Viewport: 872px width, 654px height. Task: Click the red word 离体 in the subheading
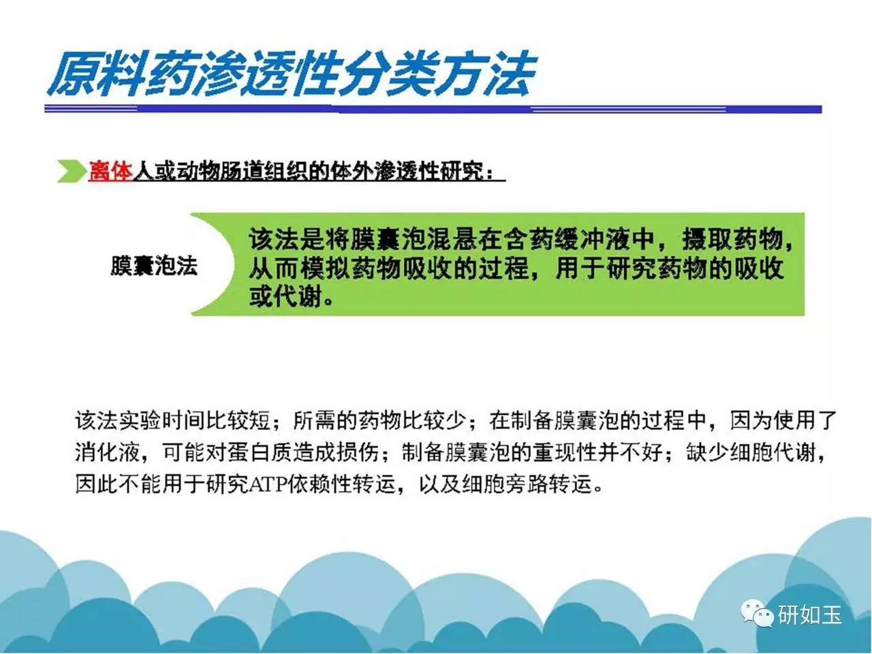pos(110,172)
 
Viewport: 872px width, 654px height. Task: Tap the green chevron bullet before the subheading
pos(72,171)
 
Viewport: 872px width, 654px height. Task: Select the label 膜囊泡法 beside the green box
pos(154,266)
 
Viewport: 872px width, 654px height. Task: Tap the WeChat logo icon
pos(757,613)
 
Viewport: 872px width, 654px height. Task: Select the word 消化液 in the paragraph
pos(107,452)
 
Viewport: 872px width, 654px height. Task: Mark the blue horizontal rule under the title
pos(433,109)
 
